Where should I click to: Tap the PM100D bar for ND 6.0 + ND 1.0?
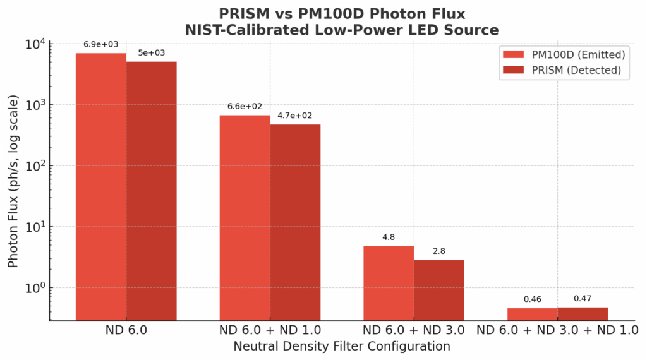(x=245, y=218)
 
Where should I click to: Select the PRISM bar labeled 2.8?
(x=439, y=290)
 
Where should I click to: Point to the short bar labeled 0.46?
(x=533, y=314)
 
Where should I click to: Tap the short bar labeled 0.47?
(x=583, y=313)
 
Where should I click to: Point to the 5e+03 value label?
(x=152, y=53)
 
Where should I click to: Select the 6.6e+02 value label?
(x=245, y=107)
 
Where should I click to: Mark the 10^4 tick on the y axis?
(x=35, y=44)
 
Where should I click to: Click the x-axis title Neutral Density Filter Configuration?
(x=342, y=346)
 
